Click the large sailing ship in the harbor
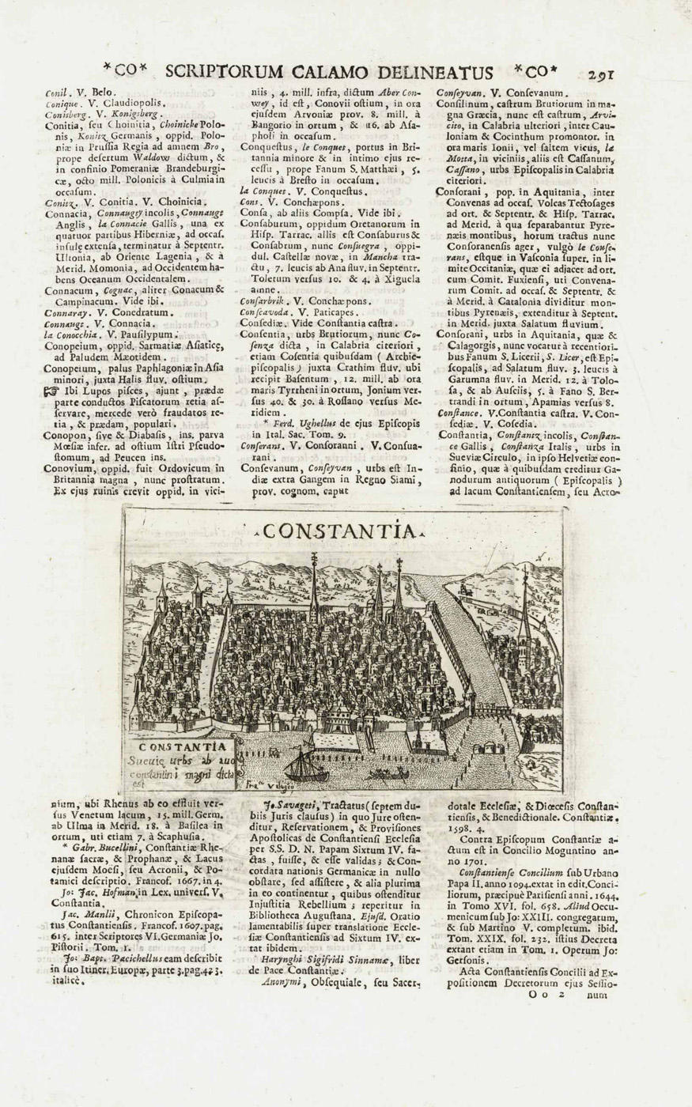click(x=303, y=765)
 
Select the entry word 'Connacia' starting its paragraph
click(x=65, y=213)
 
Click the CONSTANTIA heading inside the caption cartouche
click(x=181, y=746)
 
